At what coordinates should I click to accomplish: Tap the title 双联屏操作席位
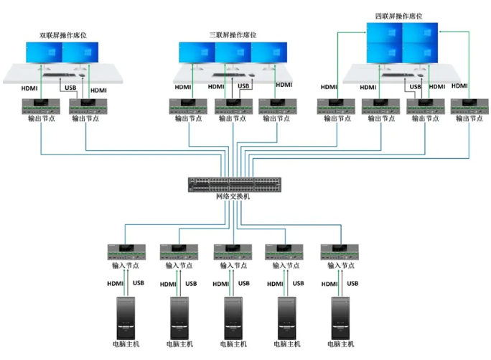(x=63, y=34)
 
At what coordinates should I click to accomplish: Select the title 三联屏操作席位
(x=233, y=34)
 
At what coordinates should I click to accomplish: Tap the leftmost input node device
(x=127, y=252)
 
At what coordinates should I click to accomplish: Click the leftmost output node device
(x=39, y=106)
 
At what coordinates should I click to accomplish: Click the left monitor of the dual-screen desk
(x=45, y=52)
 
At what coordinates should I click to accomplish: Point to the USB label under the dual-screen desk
(x=70, y=88)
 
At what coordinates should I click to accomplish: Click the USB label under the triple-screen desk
(x=243, y=86)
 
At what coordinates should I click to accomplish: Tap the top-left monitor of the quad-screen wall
(x=384, y=32)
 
